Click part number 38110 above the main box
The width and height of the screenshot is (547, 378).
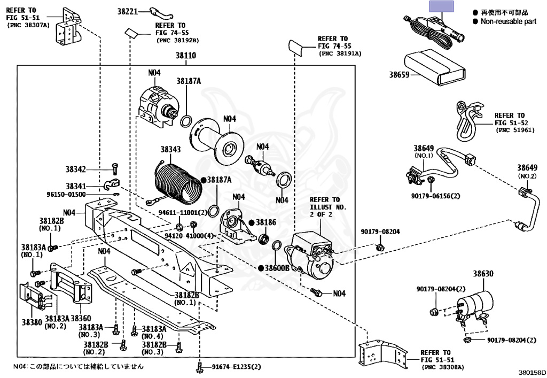point(185,56)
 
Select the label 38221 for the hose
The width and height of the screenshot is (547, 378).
point(127,12)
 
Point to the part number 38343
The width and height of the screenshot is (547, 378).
point(170,149)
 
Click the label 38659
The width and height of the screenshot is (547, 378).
point(399,74)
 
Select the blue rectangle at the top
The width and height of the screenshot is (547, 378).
point(441,6)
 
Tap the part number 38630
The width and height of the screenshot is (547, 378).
point(483,274)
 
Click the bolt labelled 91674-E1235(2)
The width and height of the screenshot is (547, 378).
point(200,367)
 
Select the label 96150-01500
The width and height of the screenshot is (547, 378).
point(66,195)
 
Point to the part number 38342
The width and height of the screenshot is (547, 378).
point(76,169)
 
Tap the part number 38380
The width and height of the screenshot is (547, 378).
point(32,322)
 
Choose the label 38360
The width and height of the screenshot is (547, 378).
point(81,318)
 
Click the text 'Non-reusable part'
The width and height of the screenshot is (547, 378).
point(509,21)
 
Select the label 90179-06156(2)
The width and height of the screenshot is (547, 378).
point(435,196)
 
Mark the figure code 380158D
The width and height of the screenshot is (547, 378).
point(532,373)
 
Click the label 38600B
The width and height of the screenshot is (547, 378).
point(277,268)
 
